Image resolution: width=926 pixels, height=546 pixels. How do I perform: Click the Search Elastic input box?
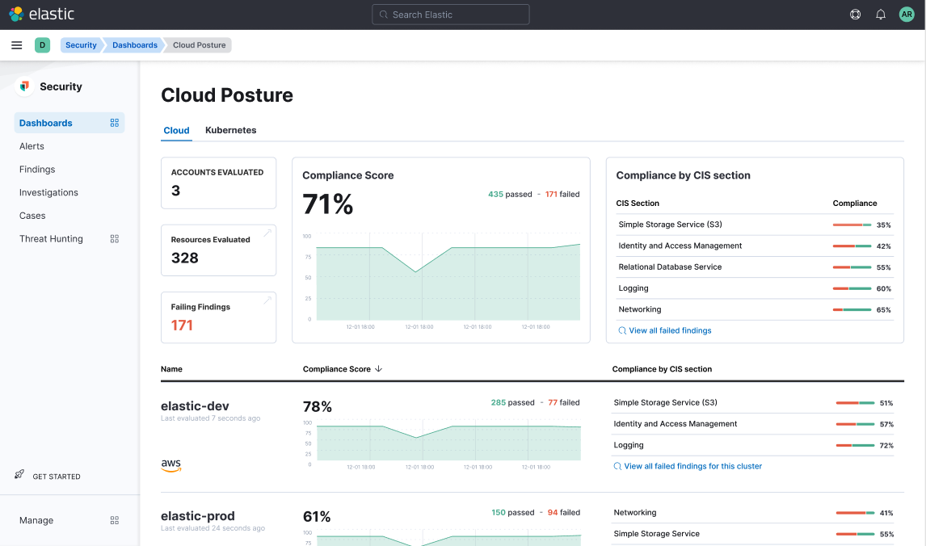click(450, 15)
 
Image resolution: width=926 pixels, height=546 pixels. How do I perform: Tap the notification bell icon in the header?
click(881, 15)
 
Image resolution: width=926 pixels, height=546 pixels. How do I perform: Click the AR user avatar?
click(907, 15)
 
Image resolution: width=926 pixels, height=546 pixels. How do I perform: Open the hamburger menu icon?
click(16, 45)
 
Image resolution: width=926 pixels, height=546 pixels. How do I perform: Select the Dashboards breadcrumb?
click(134, 45)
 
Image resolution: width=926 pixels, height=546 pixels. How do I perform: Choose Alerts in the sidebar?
click(32, 146)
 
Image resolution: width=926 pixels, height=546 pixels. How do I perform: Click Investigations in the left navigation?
click(48, 192)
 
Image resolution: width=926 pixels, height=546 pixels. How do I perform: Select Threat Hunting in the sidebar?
click(51, 239)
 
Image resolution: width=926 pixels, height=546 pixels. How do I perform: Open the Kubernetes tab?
click(230, 130)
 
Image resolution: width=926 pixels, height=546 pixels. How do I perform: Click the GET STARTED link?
click(56, 477)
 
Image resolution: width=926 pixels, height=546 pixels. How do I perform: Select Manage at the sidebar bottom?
click(36, 520)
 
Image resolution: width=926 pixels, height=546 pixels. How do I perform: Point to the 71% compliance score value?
click(327, 204)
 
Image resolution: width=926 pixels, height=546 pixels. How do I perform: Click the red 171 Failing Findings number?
click(182, 325)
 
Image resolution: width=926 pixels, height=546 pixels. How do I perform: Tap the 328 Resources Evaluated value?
click(184, 258)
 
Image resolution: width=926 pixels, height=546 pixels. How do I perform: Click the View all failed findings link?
click(669, 330)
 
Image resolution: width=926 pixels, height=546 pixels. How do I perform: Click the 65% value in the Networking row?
click(883, 310)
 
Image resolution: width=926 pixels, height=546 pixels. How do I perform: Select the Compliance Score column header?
click(337, 369)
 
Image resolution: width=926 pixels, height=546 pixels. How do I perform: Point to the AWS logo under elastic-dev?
click(170, 464)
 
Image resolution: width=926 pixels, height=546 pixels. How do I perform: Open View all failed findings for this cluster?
click(692, 466)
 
